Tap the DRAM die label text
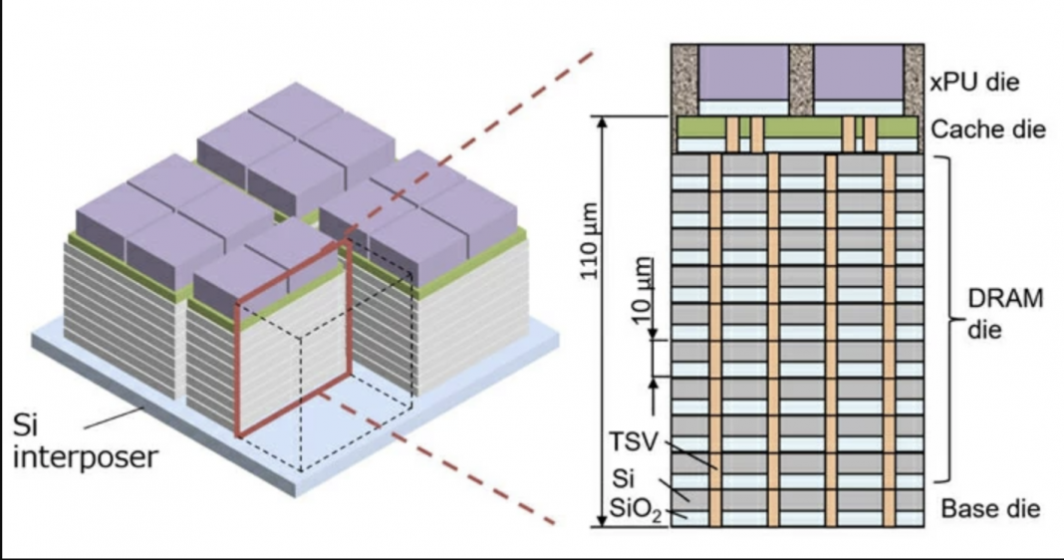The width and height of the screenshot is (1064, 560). pos(1005,314)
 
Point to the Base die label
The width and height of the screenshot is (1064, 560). pos(990,509)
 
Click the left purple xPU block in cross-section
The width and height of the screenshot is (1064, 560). pos(741,72)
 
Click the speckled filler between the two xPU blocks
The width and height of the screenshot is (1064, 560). pos(800,80)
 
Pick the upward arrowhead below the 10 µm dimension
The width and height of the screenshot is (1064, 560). pos(653,382)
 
